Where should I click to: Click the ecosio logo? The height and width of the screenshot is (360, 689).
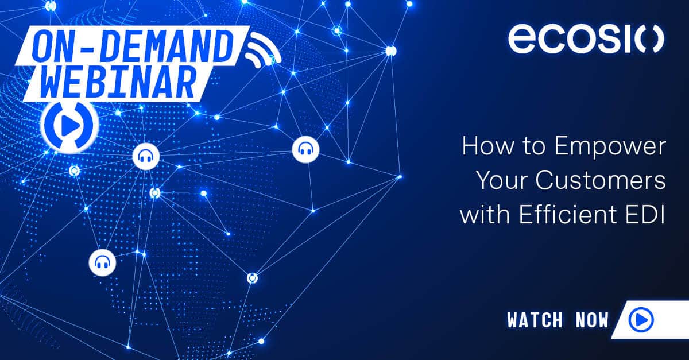click(x=586, y=38)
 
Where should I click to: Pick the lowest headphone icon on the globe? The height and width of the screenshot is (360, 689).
click(x=102, y=262)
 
